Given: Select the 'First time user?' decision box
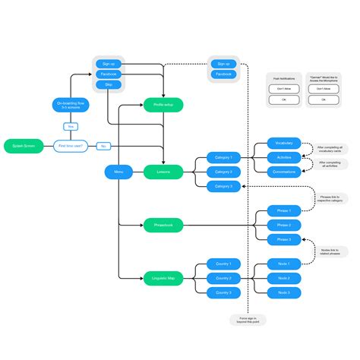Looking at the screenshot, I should (71, 145).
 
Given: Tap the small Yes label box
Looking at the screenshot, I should (71, 127).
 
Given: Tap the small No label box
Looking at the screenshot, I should (103, 145).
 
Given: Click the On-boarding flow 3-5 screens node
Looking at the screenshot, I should (71, 105).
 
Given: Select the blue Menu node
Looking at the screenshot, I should (118, 172).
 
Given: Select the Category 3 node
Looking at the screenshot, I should (224, 186).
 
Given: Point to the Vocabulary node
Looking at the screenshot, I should (284, 144).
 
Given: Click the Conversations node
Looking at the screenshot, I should (284, 172).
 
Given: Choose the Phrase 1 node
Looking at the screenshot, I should (284, 210).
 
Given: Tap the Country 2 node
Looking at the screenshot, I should (224, 279).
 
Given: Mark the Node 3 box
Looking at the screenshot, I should (284, 292).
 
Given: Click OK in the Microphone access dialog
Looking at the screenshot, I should (324, 99).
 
